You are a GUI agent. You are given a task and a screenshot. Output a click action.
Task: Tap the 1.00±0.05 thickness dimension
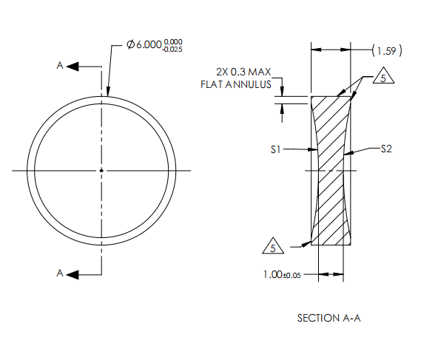(x=282, y=274)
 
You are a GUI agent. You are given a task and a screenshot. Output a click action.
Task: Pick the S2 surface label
(x=385, y=149)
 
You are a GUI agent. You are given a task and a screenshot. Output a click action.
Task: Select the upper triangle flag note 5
(x=381, y=77)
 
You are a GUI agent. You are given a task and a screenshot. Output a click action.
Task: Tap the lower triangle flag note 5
(x=274, y=246)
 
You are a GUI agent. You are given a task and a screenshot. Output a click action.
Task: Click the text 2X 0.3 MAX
(x=243, y=72)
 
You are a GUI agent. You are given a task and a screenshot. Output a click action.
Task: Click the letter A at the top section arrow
(x=60, y=66)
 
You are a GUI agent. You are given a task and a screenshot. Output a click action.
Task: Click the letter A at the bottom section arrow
(x=60, y=274)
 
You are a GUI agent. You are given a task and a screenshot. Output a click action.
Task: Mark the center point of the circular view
(x=101, y=170)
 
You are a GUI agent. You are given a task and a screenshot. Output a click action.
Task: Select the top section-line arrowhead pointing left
(x=73, y=67)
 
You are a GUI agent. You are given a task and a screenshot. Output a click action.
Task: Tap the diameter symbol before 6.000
(x=130, y=47)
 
